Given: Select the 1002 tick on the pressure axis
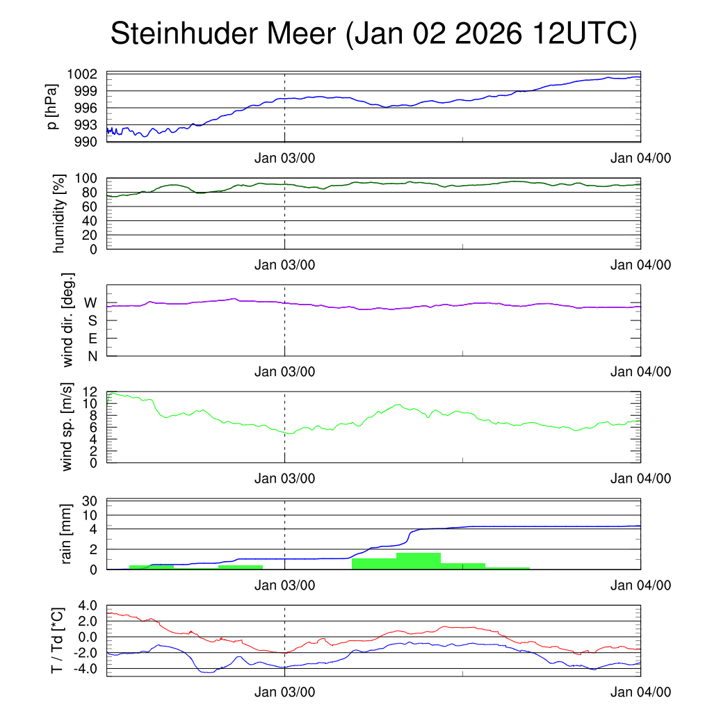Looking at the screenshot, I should (87, 74).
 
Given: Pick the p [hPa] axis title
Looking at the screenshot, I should (53, 107).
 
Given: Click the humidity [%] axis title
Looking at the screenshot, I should (58, 213).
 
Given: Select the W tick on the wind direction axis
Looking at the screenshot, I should (90, 303).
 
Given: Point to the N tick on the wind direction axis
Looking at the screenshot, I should (92, 356).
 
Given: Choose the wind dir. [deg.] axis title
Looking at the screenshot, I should (68, 320).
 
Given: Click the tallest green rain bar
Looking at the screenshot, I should (419, 561).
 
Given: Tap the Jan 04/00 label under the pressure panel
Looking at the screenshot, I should (640, 158).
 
